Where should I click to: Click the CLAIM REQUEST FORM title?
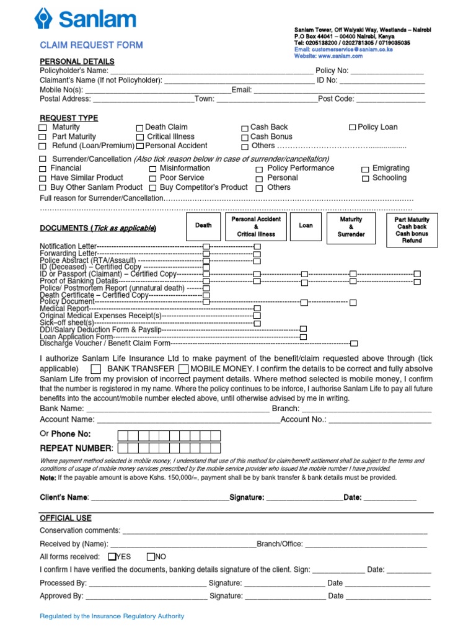91,45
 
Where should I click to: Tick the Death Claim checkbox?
140,128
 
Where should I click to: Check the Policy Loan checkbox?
352,127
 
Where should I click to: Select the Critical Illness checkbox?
140,137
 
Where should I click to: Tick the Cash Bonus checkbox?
245,137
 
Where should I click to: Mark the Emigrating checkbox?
366,169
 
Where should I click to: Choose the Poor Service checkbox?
154,178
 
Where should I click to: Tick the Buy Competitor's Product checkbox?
154,187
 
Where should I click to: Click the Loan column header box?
306,226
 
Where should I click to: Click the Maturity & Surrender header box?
351,227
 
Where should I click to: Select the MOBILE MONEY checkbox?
183,369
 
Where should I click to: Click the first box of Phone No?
123,434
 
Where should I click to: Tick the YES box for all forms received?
112,556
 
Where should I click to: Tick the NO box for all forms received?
151,556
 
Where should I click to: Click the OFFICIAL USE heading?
65,518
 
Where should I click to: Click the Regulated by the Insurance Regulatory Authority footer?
112,616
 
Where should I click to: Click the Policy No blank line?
387,71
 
